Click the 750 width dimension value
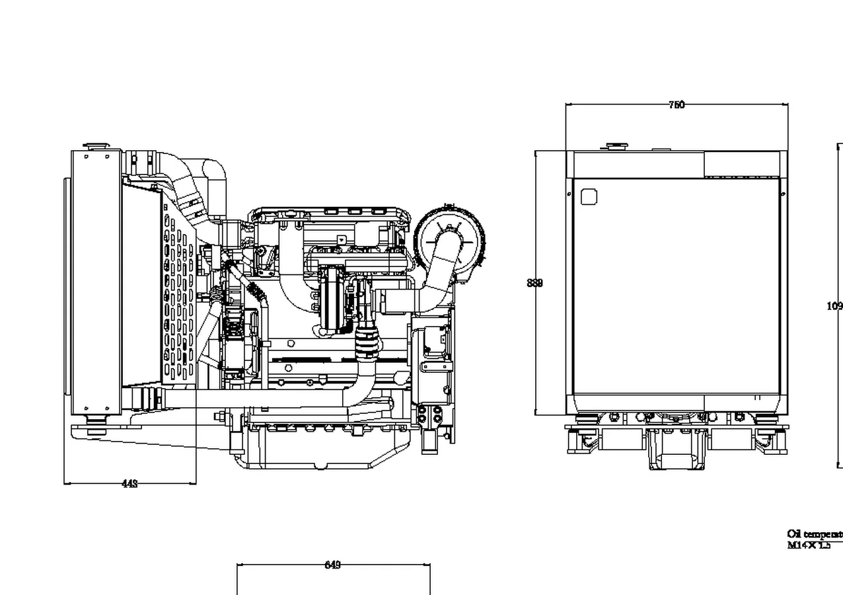677,104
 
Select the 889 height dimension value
535,283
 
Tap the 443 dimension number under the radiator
130,483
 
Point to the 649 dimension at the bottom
333,565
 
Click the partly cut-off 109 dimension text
834,306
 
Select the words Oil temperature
815,534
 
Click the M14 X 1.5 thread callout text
809,545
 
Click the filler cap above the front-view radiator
618,145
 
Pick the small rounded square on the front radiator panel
589,196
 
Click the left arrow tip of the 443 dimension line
65,483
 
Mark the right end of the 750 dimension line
788,104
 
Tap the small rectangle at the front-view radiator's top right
741,164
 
